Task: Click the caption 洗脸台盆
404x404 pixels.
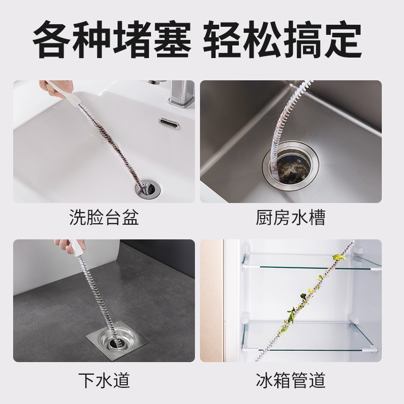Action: pos(104,218)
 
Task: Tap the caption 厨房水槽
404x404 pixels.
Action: pos(290,218)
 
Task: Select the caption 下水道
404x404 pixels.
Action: pos(104,379)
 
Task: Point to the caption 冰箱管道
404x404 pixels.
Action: pos(290,379)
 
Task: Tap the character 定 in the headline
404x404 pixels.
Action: pos(343,40)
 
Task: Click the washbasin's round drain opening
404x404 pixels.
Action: pos(146,188)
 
